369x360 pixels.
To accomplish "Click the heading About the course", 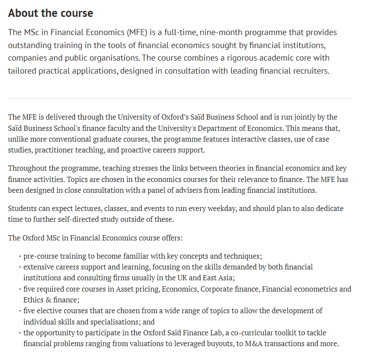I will pos(50,13).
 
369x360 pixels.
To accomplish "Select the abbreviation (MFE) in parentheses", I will pos(138,32).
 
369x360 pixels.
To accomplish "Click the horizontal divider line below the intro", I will pos(180,99).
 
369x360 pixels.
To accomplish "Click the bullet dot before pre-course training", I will pos(20,256).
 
